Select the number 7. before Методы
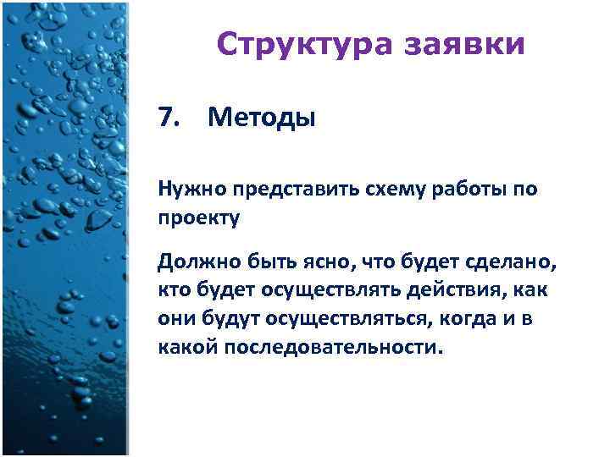[x=170, y=118]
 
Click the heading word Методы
[x=261, y=118]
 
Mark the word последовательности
[x=333, y=348]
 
